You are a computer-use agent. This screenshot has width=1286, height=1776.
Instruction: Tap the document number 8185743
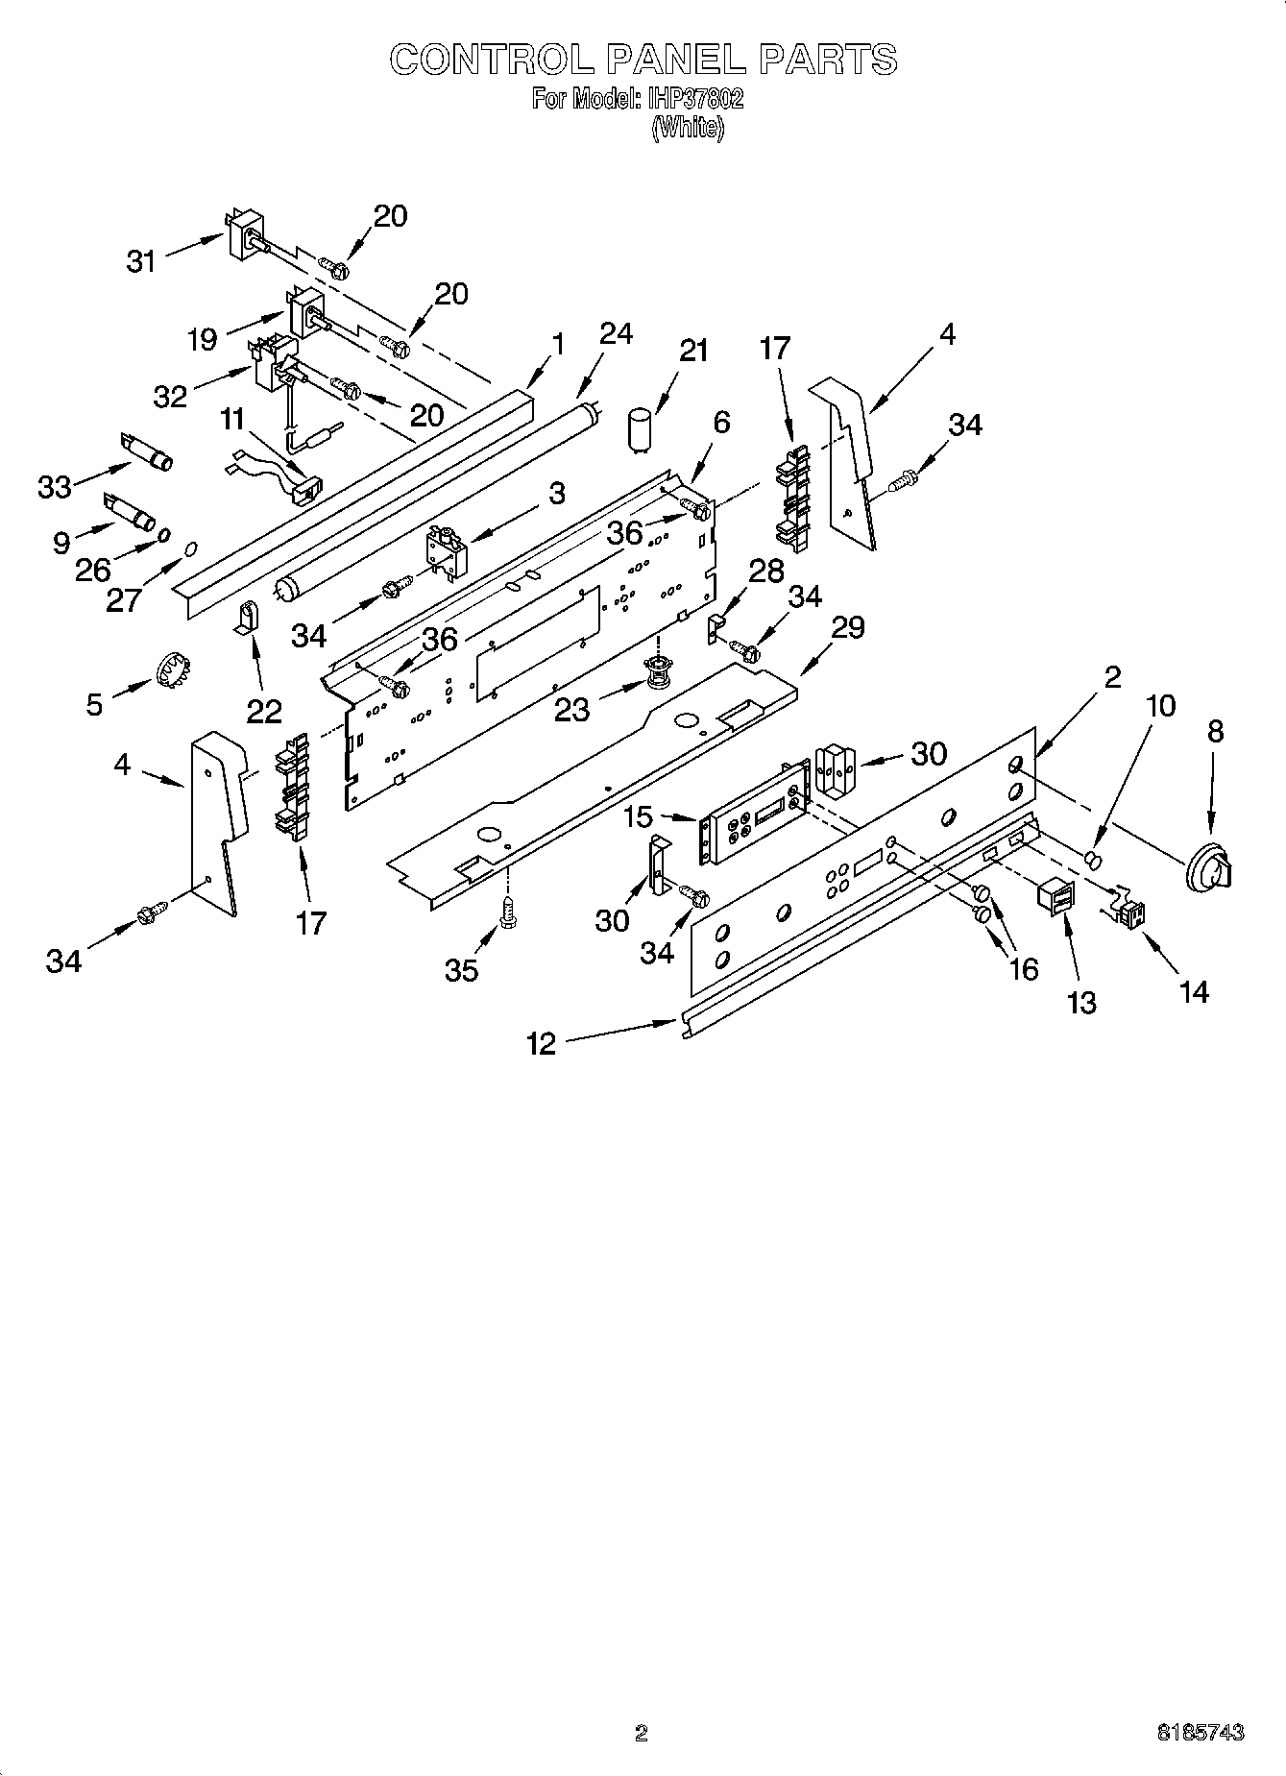(1200, 1733)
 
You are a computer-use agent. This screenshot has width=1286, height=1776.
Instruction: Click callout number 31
(141, 261)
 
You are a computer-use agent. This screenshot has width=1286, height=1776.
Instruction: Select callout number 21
(693, 351)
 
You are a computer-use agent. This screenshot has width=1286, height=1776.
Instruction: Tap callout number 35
(462, 970)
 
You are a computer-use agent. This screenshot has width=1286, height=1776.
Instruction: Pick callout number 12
(542, 1043)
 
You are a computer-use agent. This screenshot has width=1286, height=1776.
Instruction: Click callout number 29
(848, 627)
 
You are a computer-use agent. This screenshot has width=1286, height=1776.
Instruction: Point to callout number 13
(1081, 1002)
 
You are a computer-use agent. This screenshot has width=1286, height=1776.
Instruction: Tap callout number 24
(616, 334)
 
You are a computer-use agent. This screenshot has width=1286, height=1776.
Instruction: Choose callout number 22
(264, 711)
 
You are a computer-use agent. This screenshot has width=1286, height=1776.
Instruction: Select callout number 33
(55, 487)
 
